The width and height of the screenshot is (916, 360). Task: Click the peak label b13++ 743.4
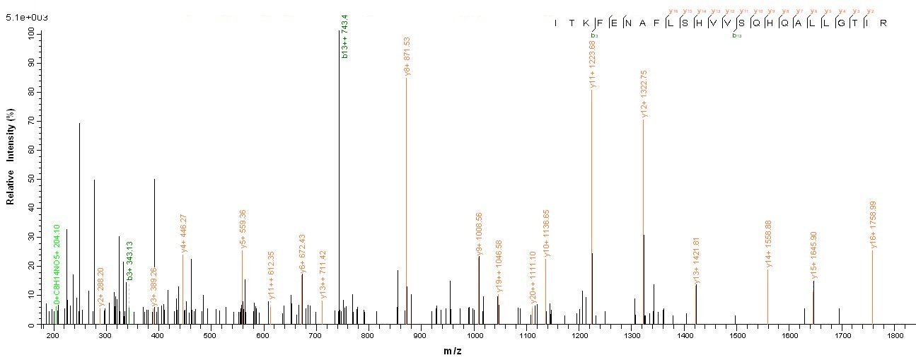click(344, 36)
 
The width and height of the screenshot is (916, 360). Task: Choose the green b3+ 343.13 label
click(130, 261)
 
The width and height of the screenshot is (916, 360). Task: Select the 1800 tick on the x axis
click(895, 338)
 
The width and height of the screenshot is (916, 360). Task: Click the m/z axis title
click(473, 352)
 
